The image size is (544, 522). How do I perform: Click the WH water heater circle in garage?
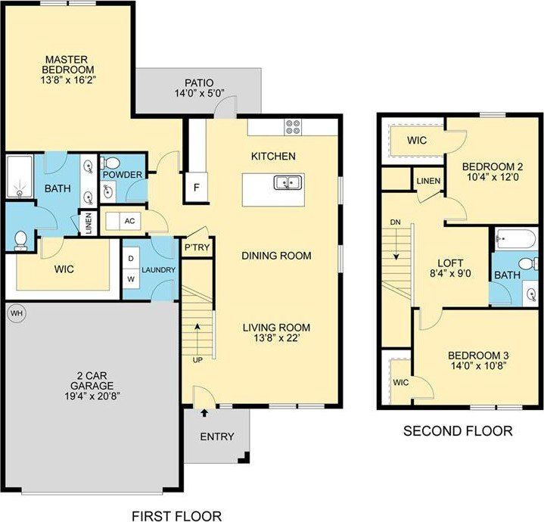15,312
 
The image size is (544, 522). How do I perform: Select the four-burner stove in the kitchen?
293,127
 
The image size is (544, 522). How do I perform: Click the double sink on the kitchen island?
289,182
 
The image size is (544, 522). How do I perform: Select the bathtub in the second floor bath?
516,241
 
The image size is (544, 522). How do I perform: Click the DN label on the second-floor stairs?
394,222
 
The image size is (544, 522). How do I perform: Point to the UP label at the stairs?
197,359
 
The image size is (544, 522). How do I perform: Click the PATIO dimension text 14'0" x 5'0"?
199,95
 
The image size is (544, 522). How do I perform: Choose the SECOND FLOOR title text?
457,431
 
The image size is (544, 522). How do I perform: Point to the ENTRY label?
216,437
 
